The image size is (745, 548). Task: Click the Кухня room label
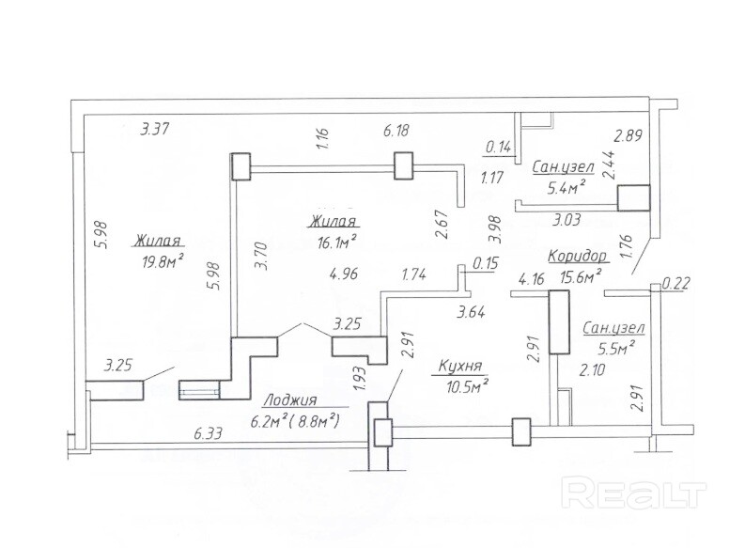459,367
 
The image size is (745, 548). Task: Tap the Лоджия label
289,399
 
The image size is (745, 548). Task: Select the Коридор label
577,256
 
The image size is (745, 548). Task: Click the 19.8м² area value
163,260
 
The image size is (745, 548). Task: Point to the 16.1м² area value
338,243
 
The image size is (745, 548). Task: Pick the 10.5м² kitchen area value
468,387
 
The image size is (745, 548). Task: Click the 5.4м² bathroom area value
566,188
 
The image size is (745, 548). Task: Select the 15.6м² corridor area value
581,276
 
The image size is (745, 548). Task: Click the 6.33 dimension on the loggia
209,433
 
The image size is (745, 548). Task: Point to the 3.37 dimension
154,129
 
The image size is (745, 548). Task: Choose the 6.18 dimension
396,130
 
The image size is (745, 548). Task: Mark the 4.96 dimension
344,274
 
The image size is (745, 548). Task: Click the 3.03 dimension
566,220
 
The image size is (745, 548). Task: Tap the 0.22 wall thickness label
675,284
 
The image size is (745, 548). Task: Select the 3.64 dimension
471,313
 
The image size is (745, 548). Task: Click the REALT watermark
633,494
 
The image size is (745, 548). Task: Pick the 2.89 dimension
629,136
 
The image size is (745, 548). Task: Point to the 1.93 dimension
361,379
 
